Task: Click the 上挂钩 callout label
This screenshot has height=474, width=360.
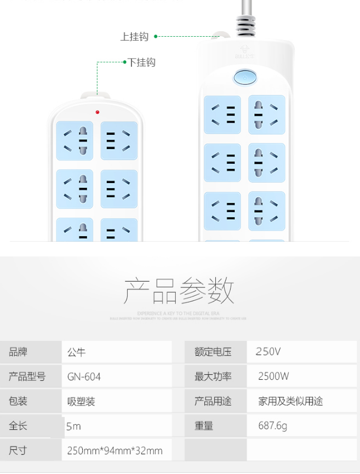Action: pos(134,37)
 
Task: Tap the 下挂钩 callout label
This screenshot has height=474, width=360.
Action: pos(142,62)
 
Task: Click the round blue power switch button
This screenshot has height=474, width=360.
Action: pos(245,78)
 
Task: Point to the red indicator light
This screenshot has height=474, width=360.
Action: pos(98,112)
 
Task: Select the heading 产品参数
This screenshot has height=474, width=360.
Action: pos(179,290)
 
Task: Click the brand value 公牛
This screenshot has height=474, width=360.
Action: pos(77,352)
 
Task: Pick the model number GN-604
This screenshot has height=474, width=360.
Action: pos(84,376)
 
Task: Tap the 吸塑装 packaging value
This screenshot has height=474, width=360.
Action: pos(81,401)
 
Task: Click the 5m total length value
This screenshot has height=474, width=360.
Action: pos(73,426)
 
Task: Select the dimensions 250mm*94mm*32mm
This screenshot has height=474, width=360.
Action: pos(115,450)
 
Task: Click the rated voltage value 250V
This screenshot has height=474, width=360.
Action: pos(268,352)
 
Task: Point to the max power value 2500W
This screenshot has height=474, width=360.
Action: pos(273,376)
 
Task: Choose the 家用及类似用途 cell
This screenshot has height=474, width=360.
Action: pos(290,401)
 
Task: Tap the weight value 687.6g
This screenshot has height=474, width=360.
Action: pos(272,426)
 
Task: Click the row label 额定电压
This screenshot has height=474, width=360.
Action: pos(213,352)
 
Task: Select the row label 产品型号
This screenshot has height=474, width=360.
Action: pos(27,376)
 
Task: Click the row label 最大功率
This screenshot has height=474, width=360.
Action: pos(213,376)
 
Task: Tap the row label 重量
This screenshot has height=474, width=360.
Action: pos(204,426)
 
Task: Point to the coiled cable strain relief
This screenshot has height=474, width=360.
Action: pos(246,25)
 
